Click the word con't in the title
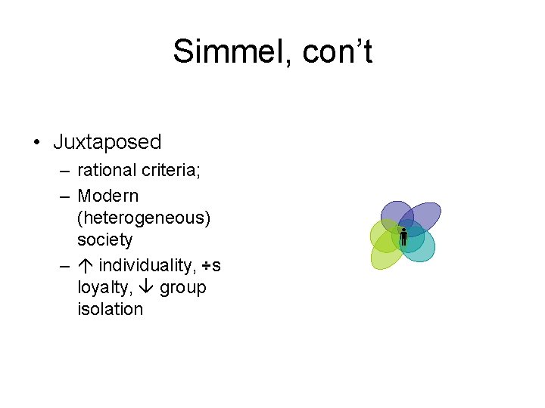(x=337, y=52)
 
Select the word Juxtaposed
(x=107, y=142)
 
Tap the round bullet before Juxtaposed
(x=36, y=142)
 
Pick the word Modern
(x=108, y=196)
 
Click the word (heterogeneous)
(x=144, y=218)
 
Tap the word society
(x=104, y=240)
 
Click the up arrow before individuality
(x=85, y=265)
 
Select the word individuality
(x=148, y=265)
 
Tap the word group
(x=182, y=288)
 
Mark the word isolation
(x=110, y=309)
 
